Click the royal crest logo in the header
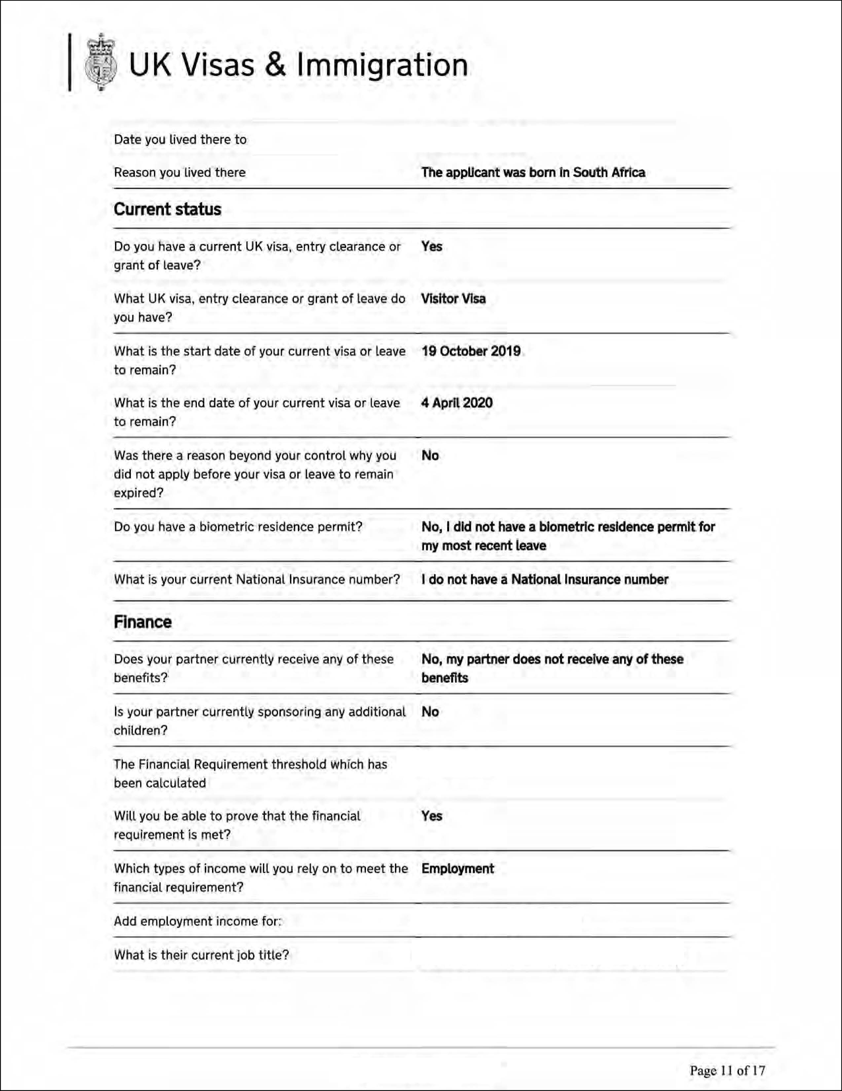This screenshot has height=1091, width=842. (101, 63)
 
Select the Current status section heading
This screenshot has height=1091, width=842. (167, 209)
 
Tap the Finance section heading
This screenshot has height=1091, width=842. (142, 622)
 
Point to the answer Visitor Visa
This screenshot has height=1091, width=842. (453, 299)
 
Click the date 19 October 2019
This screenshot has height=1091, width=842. (471, 351)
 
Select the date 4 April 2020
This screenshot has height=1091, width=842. (457, 403)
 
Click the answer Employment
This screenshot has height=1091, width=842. (458, 869)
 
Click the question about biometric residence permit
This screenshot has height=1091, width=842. (238, 527)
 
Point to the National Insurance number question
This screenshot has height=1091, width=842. (257, 579)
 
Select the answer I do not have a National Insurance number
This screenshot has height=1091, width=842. (545, 579)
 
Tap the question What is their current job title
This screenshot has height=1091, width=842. (201, 955)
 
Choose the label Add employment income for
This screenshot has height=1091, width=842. (198, 921)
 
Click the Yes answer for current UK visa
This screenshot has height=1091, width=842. (432, 246)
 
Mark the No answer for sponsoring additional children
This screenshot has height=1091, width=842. (430, 712)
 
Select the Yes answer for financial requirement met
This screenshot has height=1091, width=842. (432, 816)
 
